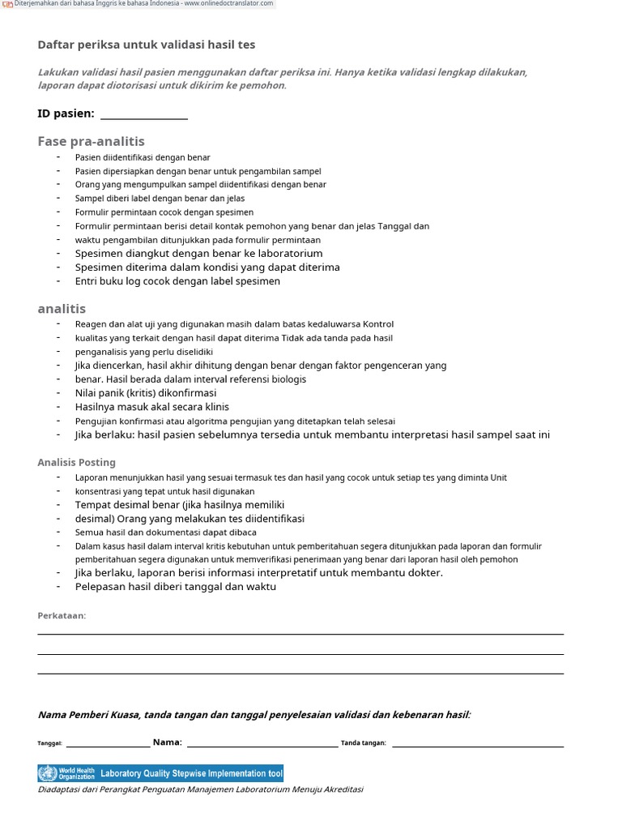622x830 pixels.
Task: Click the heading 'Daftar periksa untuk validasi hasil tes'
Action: pos(146,45)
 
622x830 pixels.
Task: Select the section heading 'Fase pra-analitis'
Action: pos(91,141)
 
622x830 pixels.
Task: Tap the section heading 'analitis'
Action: pos(62,309)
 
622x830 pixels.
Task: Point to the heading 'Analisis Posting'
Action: pos(76,462)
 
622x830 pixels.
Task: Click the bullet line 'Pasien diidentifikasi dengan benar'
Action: pos(143,157)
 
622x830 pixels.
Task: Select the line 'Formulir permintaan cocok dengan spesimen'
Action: pos(164,212)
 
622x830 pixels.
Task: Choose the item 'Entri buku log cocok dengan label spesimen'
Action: pos(177,281)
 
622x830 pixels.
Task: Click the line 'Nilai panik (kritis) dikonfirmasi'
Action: pos(146,393)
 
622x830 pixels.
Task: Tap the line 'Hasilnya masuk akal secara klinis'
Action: pos(151,407)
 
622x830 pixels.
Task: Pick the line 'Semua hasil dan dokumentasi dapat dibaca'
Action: pos(165,533)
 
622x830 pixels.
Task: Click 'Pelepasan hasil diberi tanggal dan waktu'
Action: pos(175,587)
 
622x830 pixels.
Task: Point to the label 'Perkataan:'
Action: pos(62,615)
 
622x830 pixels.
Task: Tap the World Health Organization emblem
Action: pos(48,773)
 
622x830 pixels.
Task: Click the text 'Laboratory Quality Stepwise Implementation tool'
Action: pos(191,773)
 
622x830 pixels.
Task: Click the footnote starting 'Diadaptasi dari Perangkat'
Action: pos(200,789)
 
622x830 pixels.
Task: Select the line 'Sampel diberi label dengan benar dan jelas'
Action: pos(160,199)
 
